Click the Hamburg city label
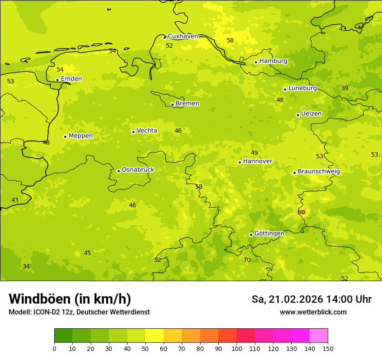click(x=273, y=61)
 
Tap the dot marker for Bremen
click(x=172, y=105)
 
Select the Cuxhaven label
click(x=183, y=36)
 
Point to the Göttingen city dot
click(x=251, y=235)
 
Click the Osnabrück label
click(x=138, y=170)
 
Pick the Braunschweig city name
click(x=319, y=172)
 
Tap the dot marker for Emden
click(x=57, y=80)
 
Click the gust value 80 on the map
click(x=301, y=212)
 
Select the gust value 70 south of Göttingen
click(x=247, y=260)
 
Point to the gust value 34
click(x=26, y=267)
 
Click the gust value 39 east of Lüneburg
click(x=345, y=88)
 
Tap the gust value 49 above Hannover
click(x=254, y=153)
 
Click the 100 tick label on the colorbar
click(x=237, y=348)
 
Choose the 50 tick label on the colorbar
click(x=145, y=348)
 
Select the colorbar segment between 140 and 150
click(x=319, y=336)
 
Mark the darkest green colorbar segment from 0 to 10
click(x=63, y=336)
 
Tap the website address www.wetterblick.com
click(x=313, y=312)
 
